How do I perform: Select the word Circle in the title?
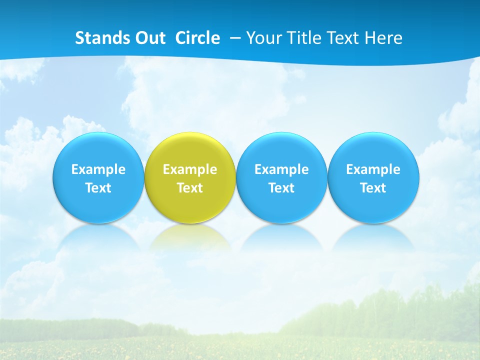tap(197, 38)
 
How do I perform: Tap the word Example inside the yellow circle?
tap(190, 169)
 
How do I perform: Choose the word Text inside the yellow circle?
tap(190, 188)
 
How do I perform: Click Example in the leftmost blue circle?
tap(98, 169)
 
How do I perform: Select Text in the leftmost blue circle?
tap(98, 188)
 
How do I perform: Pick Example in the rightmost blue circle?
tap(373, 169)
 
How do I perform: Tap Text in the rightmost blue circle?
tap(373, 188)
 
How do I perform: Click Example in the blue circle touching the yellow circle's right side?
tap(281, 169)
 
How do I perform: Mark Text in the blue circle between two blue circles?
tap(281, 188)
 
